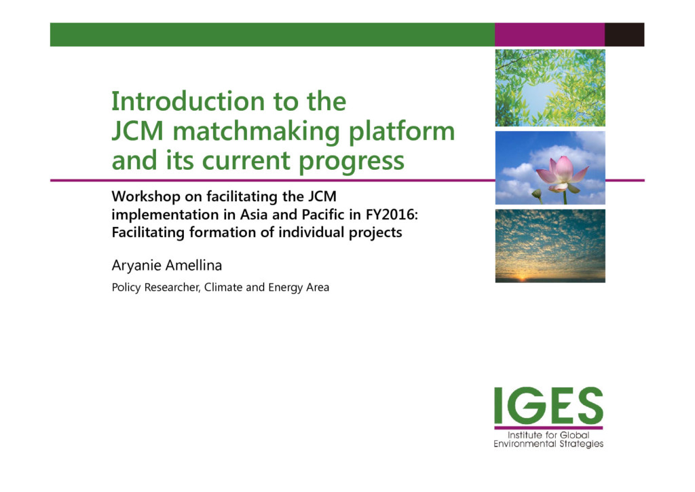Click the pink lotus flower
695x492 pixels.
(x=561, y=174)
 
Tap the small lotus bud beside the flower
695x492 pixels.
(x=538, y=194)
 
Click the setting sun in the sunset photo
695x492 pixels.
(x=521, y=278)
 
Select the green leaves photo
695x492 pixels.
(x=550, y=88)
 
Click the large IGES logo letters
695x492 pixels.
(x=548, y=406)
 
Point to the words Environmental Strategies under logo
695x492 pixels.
(x=548, y=444)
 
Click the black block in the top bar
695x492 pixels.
(x=624, y=35)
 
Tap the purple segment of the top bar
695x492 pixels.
(x=550, y=35)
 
